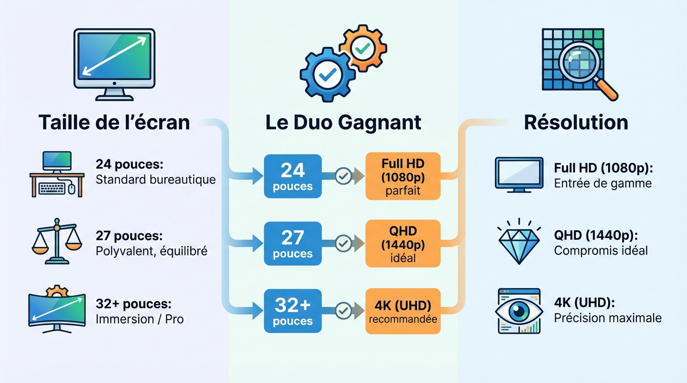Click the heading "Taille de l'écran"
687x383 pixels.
click(x=114, y=122)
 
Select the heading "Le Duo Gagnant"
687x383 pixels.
click(x=343, y=122)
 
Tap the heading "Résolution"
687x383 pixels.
click(x=576, y=122)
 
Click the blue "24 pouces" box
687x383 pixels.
click(x=293, y=176)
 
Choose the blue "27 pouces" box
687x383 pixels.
click(x=293, y=243)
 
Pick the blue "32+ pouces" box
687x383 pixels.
click(x=293, y=311)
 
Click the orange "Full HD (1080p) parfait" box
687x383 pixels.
click(x=403, y=176)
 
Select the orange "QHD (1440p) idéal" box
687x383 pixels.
click(x=403, y=243)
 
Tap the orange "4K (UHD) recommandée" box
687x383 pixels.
click(x=403, y=311)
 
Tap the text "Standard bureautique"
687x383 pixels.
click(x=155, y=180)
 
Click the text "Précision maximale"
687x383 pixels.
click(x=608, y=318)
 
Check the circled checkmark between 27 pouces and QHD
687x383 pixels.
click(x=343, y=243)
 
